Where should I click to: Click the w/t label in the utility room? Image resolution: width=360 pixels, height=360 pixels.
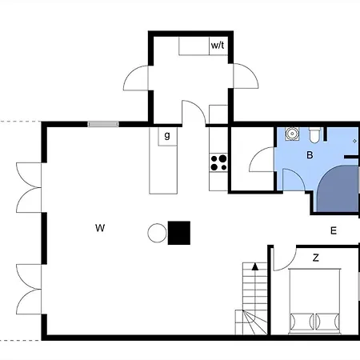[x=218, y=46]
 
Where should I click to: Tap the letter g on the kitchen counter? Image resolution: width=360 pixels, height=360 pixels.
[x=167, y=135]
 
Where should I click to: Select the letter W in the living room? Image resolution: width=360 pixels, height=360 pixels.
[x=100, y=228]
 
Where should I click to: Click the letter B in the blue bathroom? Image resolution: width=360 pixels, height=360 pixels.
[x=310, y=155]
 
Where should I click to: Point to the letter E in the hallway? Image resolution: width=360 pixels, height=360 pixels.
[x=334, y=230]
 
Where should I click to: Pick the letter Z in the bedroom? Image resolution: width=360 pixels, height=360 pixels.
[x=316, y=258]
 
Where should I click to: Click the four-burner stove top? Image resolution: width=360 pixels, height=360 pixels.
[x=218, y=162]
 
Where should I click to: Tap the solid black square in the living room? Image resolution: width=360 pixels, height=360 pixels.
[x=179, y=233]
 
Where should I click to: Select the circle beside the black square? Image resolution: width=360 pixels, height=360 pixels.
[x=157, y=233]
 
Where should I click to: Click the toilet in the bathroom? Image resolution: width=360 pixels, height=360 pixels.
[x=314, y=135]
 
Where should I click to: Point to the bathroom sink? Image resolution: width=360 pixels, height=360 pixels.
[x=292, y=134]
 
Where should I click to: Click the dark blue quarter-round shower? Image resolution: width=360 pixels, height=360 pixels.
[x=338, y=189]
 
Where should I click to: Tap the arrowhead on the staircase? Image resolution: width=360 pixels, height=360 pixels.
[x=255, y=266]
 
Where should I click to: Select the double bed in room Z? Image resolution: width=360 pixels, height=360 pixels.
[x=314, y=301]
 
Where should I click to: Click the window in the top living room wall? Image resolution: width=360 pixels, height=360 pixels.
[x=103, y=124]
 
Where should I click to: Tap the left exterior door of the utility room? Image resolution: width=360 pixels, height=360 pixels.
[x=135, y=78]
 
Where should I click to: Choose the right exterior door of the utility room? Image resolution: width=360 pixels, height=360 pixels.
[x=246, y=76]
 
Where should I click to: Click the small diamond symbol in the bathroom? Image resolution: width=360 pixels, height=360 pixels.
[x=354, y=141]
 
